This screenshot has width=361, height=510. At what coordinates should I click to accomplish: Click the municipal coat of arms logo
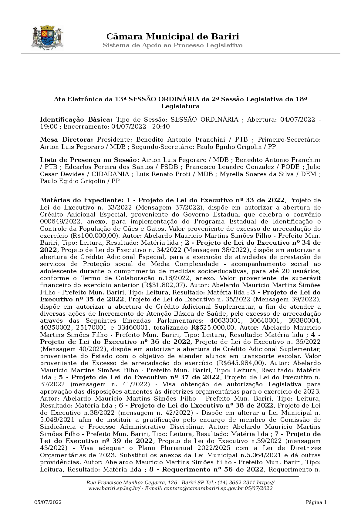[x=47, y=38]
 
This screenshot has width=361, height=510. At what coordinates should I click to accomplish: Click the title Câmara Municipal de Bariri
[x=173, y=37]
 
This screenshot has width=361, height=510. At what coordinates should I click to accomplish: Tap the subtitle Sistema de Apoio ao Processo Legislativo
[x=173, y=45]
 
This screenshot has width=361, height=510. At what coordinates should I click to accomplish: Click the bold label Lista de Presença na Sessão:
[x=90, y=160]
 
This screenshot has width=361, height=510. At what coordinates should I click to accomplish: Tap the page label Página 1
[x=316, y=502]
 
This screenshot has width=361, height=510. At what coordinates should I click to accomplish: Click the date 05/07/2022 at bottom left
[x=48, y=502]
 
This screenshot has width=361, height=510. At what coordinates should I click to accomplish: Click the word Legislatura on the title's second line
[x=180, y=106]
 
